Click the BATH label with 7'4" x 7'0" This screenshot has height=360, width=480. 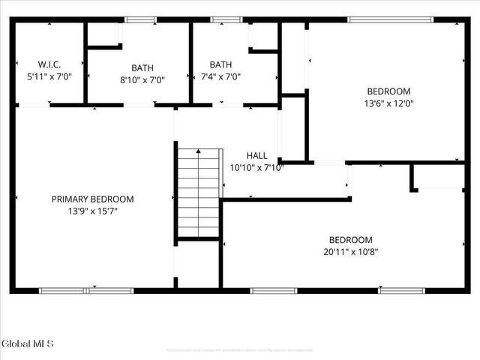point(220,64)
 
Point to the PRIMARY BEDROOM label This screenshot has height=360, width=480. point(92,199)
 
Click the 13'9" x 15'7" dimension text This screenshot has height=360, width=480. point(92,211)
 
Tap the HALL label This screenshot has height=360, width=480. point(256,156)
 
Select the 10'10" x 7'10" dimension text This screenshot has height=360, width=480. point(256,167)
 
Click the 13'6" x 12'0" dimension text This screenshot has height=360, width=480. point(389,103)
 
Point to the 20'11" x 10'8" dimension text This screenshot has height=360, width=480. point(350,252)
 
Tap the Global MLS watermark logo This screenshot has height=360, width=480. point(28,344)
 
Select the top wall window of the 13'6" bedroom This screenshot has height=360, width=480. point(390,20)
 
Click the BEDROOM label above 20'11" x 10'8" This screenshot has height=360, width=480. point(350,240)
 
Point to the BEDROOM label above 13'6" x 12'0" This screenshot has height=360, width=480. point(389,91)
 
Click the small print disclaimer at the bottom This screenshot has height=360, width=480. point(240,350)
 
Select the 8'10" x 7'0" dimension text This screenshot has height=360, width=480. point(142,79)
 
